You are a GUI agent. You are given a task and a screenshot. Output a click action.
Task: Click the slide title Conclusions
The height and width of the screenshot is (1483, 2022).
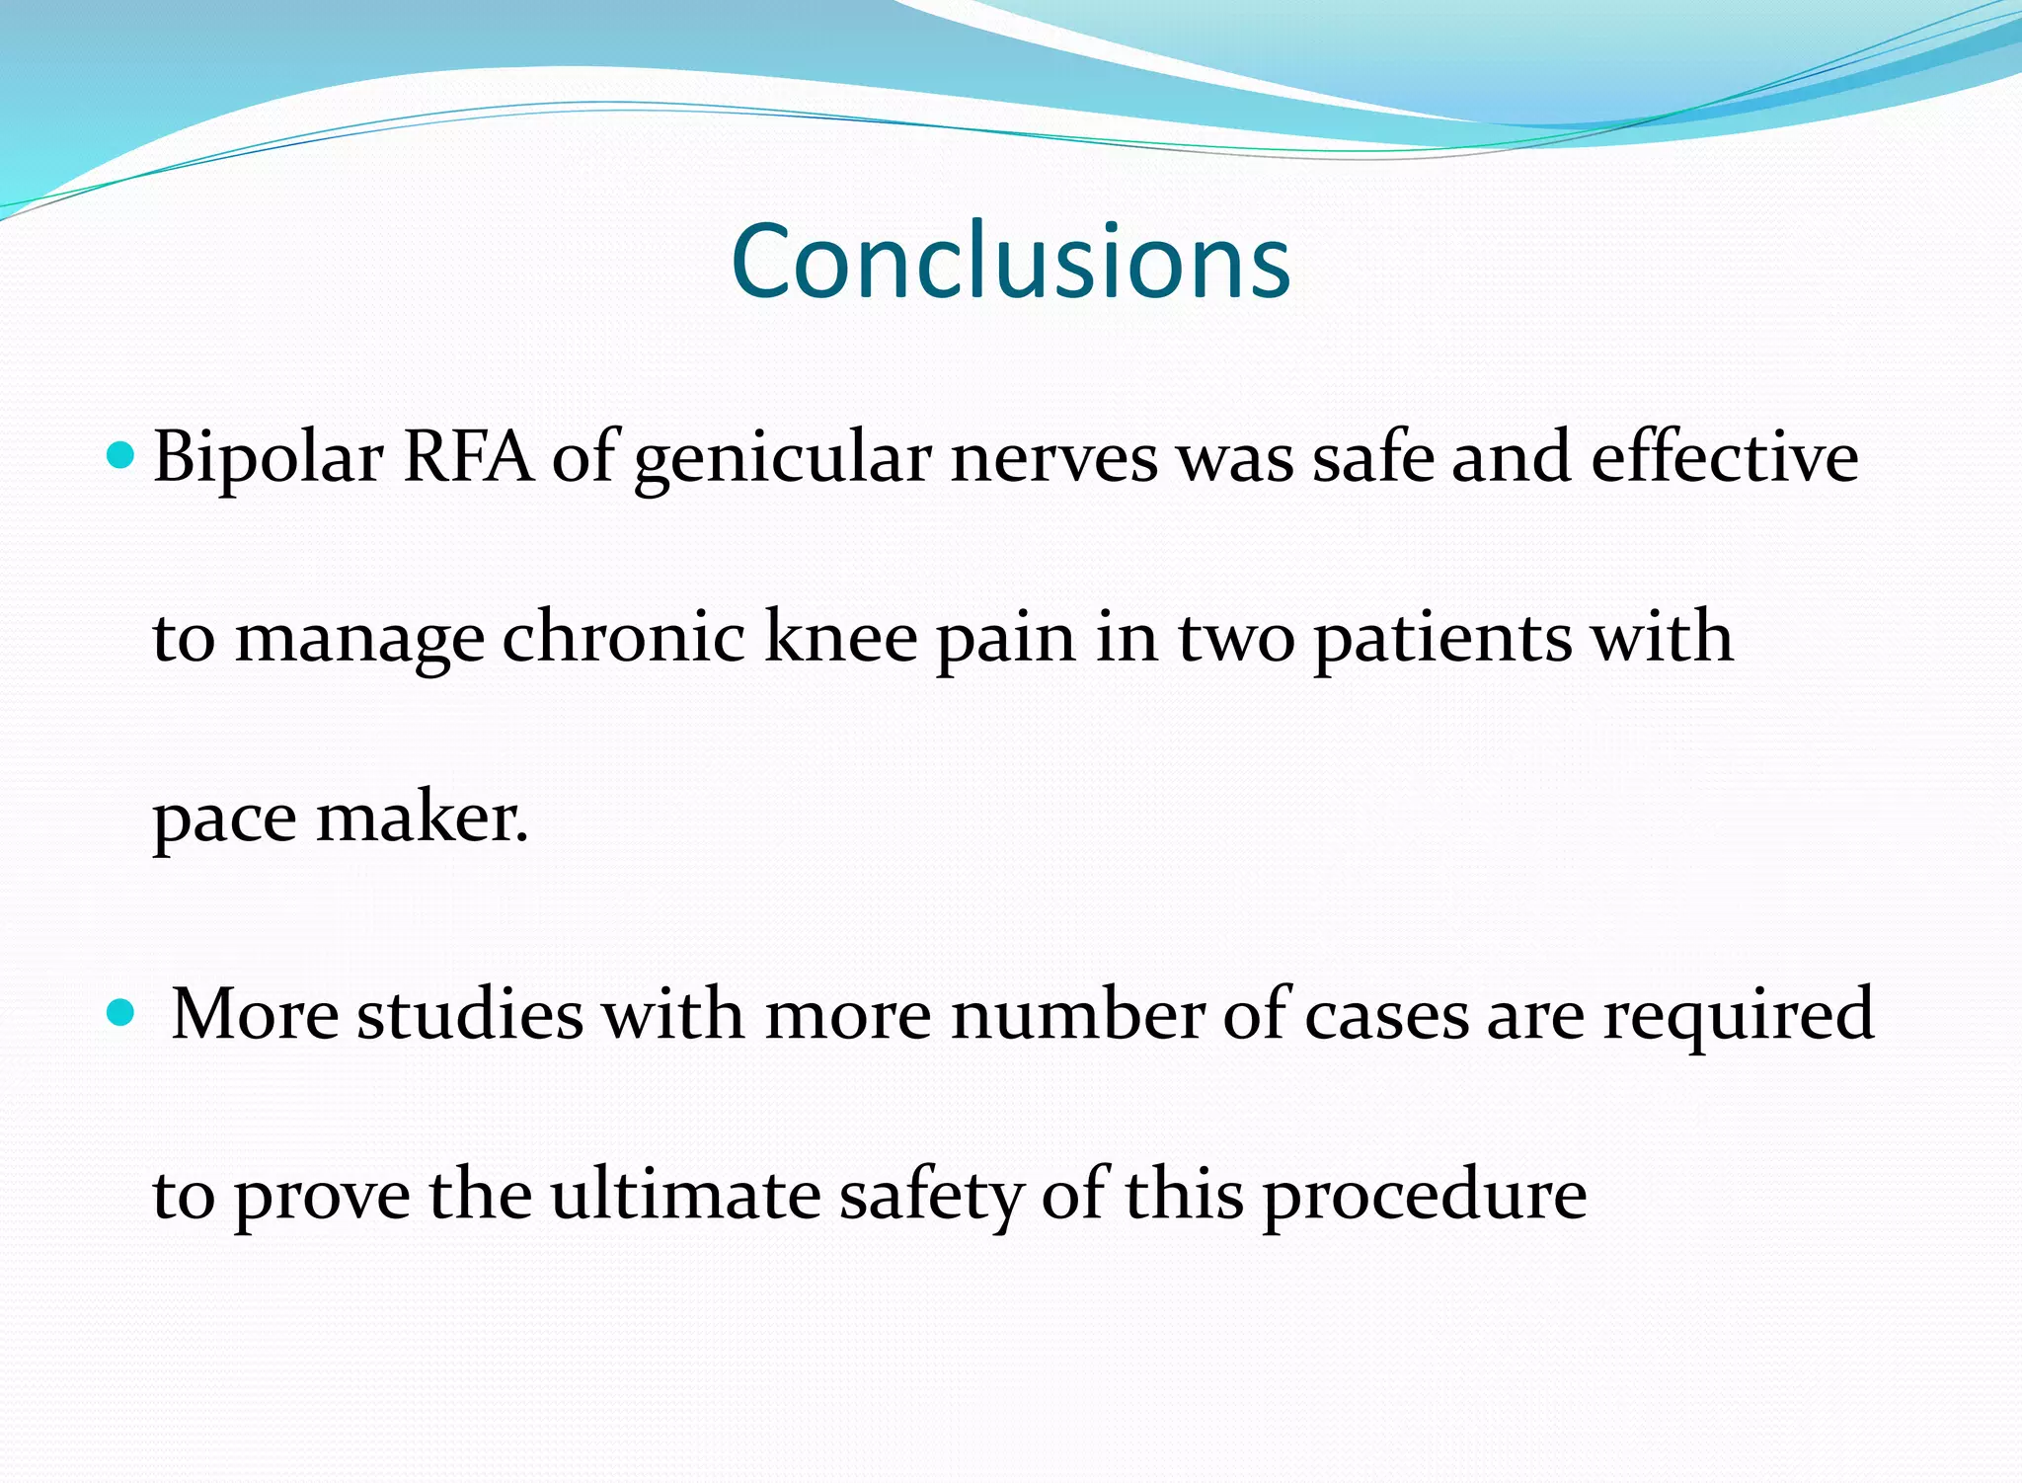click(1010, 261)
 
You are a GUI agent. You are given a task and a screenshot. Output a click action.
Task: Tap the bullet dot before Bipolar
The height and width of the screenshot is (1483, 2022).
click(119, 455)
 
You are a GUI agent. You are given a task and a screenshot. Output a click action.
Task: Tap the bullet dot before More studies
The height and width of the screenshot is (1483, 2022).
click(119, 1012)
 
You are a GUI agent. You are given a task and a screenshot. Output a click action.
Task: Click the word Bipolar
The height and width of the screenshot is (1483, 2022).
click(268, 459)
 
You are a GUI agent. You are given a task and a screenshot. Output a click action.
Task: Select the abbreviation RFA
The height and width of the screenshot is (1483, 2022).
click(468, 457)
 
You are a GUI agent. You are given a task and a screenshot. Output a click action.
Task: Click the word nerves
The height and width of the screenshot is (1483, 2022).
click(1053, 459)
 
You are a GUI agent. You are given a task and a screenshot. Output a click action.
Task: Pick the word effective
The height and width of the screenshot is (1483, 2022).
click(1724, 457)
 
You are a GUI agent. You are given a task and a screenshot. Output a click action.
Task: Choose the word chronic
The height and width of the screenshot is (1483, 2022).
click(623, 637)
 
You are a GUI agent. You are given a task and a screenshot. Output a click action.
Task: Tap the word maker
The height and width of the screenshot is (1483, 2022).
click(422, 819)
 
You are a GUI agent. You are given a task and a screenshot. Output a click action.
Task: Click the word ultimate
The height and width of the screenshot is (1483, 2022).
click(685, 1195)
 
